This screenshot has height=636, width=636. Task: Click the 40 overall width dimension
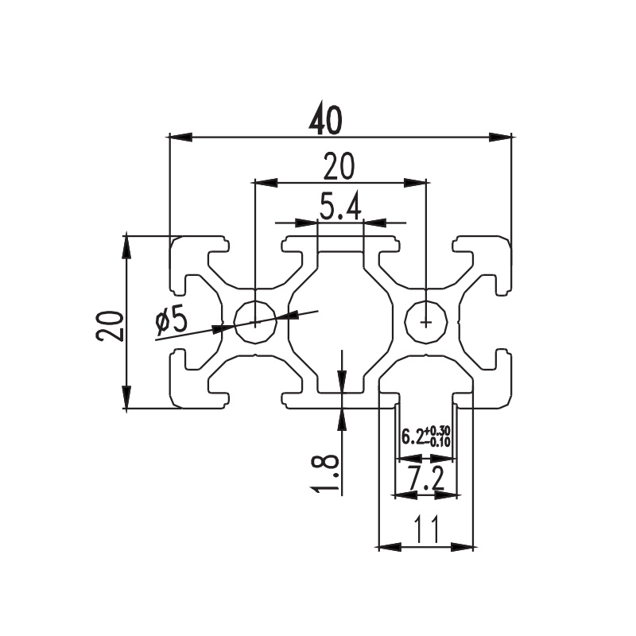click(x=325, y=121)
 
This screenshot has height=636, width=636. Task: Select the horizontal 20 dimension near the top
click(x=339, y=166)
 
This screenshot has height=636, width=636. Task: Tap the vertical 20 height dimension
click(x=109, y=326)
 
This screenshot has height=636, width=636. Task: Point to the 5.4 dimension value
click(x=340, y=207)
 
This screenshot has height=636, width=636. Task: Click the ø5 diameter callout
click(x=172, y=319)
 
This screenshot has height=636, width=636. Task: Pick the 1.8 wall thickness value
click(x=325, y=473)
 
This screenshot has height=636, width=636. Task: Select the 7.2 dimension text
click(x=426, y=479)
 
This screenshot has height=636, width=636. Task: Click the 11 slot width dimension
click(x=426, y=529)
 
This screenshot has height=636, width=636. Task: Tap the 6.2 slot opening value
click(x=412, y=436)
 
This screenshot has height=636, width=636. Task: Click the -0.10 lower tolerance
click(x=437, y=441)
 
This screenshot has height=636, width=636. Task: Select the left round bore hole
click(x=256, y=322)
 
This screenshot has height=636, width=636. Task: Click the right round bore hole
click(x=427, y=322)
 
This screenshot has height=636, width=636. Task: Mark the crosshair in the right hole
click(x=426, y=323)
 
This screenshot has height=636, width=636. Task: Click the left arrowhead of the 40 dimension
click(x=180, y=137)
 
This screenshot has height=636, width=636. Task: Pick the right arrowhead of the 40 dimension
click(x=500, y=137)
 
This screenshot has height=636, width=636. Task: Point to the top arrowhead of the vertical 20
click(x=127, y=246)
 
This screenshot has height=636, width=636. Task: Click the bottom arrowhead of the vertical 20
click(x=127, y=397)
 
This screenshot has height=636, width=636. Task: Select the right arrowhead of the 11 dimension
click(x=463, y=547)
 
